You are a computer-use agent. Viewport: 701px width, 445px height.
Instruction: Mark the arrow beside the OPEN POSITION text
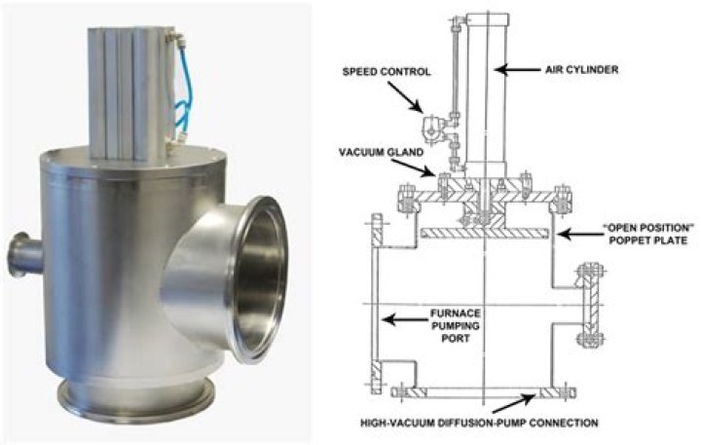point(571,235)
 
